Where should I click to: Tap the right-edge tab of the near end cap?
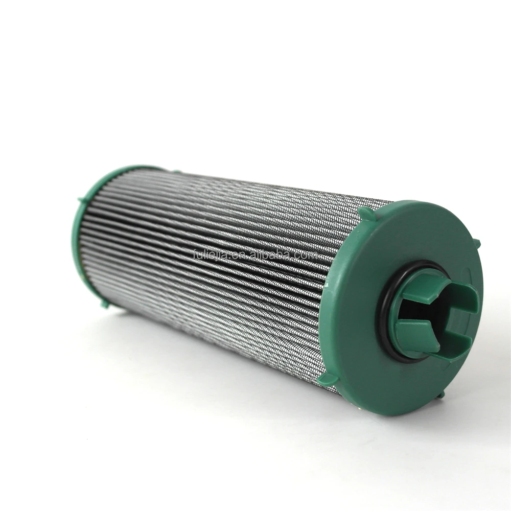(x=476, y=244)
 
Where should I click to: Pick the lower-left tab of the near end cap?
(x=328, y=379)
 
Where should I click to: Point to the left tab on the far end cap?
(x=81, y=201)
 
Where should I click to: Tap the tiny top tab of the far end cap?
(x=176, y=171)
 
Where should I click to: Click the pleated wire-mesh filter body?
(x=215, y=286)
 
